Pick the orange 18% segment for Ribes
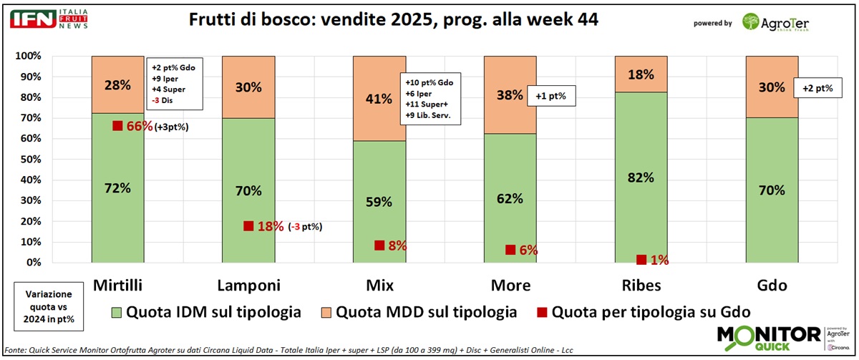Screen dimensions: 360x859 tap(641, 74)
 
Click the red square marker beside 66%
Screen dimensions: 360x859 tap(117, 126)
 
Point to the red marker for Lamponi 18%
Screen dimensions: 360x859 tap(248, 225)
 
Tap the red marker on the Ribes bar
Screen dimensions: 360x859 tap(641, 260)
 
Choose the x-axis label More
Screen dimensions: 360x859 tap(510, 286)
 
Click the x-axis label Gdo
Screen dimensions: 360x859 tap(772, 286)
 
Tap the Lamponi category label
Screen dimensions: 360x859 tap(248, 286)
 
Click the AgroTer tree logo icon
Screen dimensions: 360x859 tap(752, 23)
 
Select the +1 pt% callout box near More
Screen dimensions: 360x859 tap(552, 96)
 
